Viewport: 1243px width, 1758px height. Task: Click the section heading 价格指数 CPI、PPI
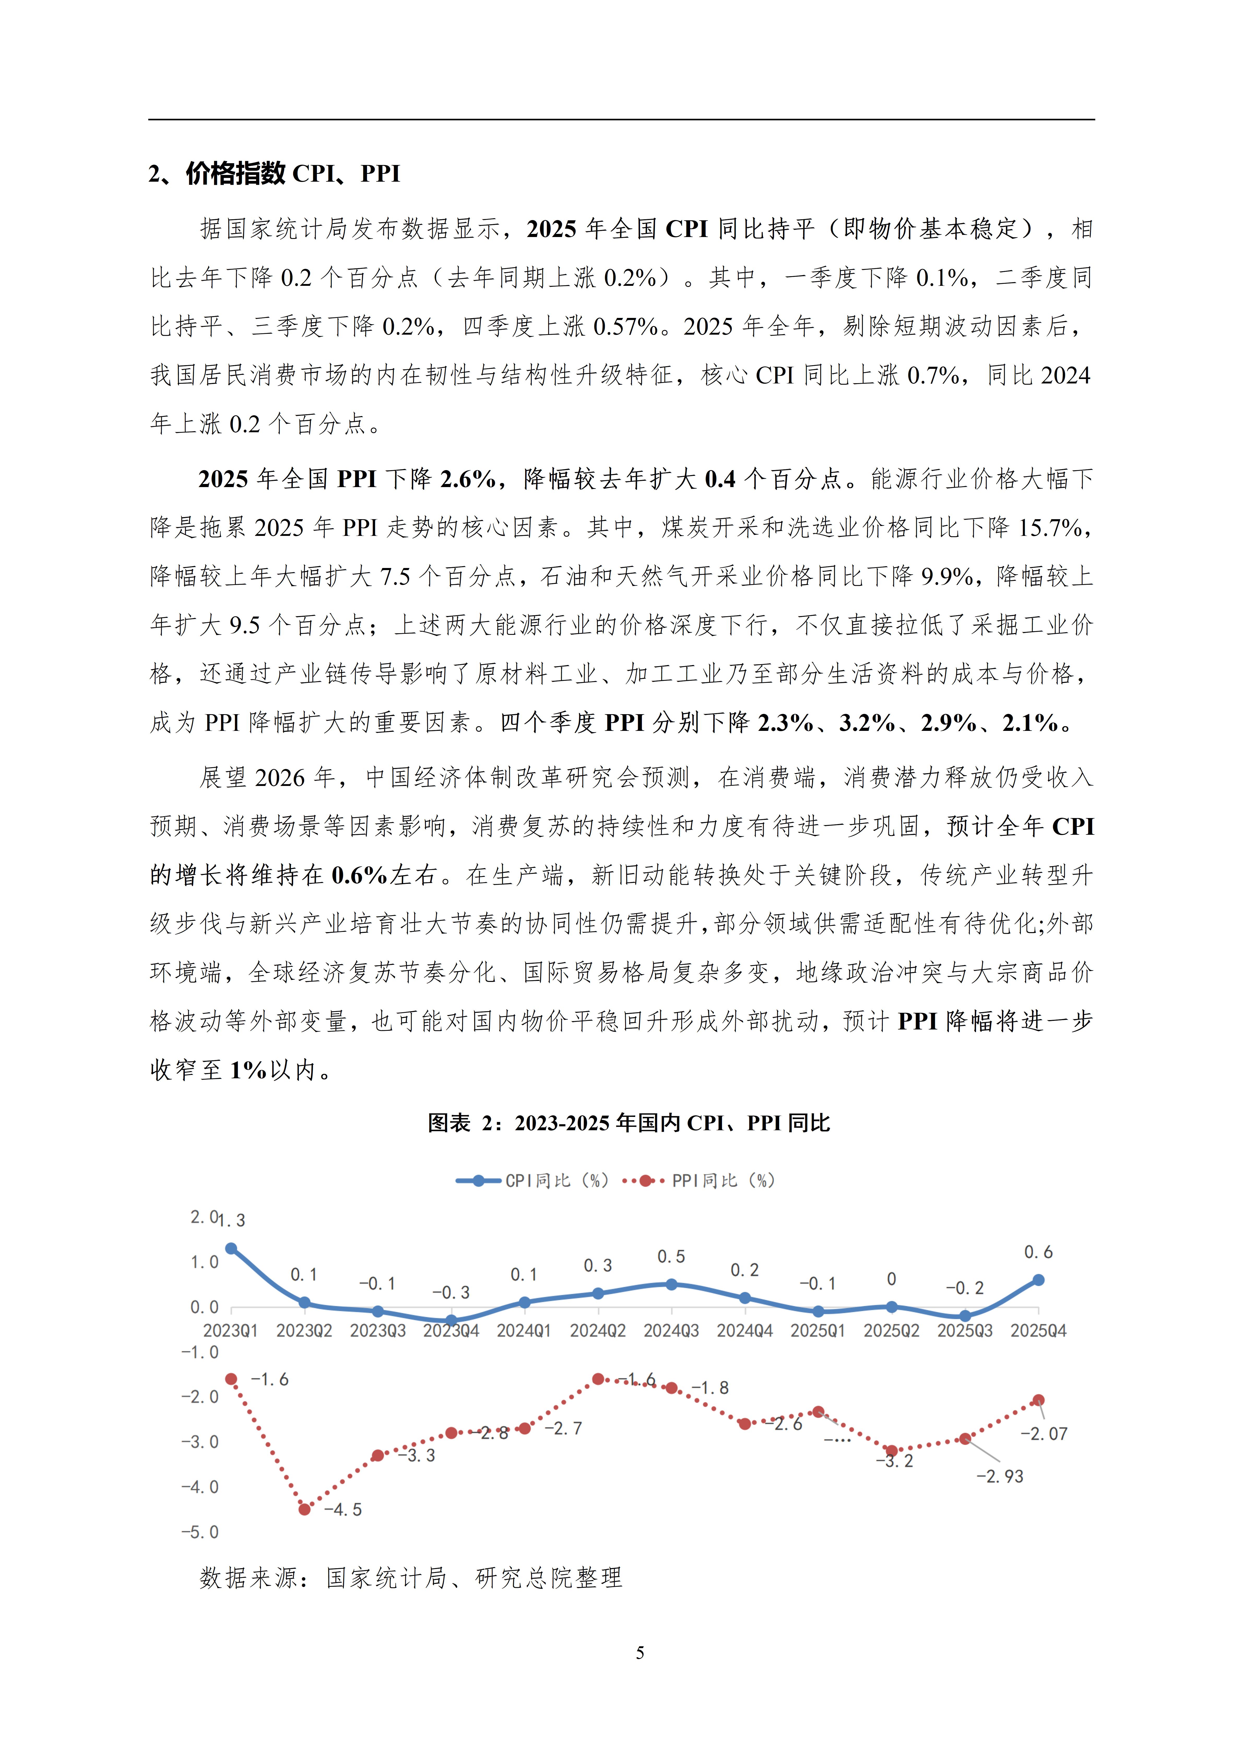click(x=274, y=174)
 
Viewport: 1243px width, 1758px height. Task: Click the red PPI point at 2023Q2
click(x=304, y=1509)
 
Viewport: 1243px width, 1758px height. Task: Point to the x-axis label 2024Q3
click(x=671, y=1331)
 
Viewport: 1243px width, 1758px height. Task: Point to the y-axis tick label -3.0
click(x=200, y=1442)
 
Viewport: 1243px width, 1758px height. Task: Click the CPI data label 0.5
click(x=671, y=1257)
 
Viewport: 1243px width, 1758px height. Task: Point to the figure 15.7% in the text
click(x=1053, y=528)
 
